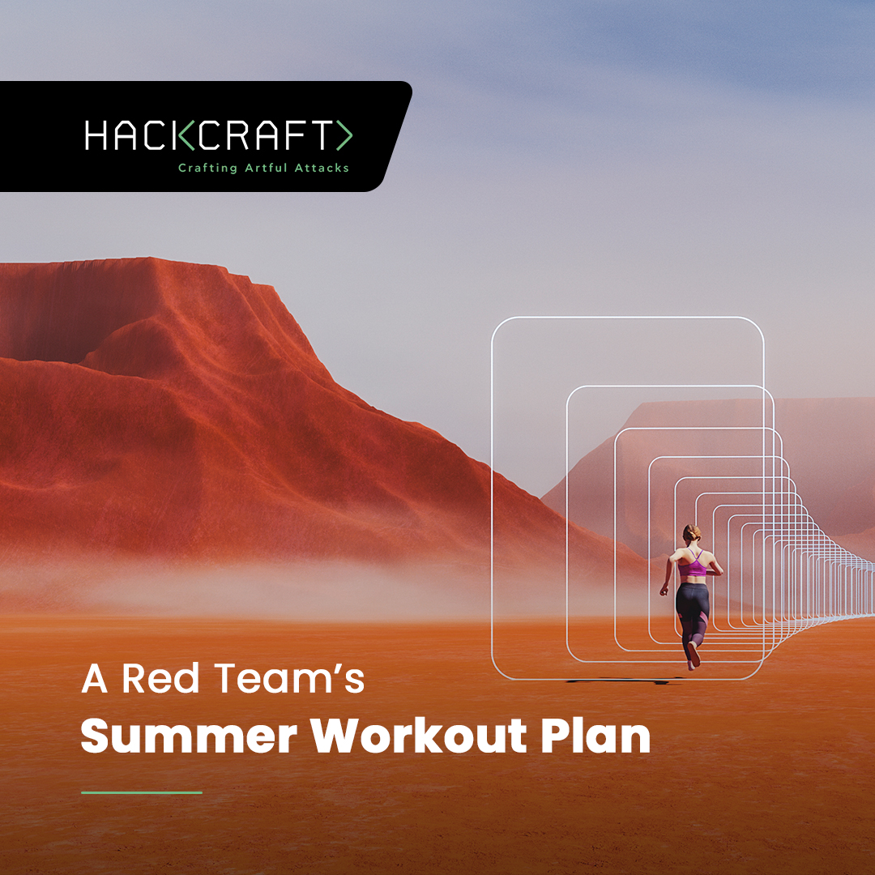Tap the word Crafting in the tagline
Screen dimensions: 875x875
point(207,168)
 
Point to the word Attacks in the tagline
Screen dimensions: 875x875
point(322,168)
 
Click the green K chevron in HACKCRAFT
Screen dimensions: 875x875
point(186,135)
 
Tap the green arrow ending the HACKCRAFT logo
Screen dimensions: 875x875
point(344,135)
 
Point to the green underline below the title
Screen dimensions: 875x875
point(141,792)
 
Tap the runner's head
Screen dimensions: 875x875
point(691,534)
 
